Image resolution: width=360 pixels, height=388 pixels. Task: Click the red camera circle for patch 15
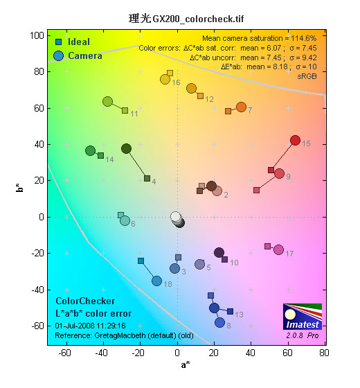[x=295, y=140]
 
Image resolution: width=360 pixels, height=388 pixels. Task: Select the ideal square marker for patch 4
[x=147, y=178]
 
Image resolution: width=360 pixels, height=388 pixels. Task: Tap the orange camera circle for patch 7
[x=242, y=107]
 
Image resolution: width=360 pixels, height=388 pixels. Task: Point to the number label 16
[x=176, y=82]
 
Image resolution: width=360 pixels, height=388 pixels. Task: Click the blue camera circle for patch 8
[x=219, y=322]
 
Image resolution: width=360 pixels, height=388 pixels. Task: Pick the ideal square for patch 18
[x=141, y=261]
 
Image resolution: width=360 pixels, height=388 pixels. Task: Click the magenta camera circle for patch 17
[x=278, y=249]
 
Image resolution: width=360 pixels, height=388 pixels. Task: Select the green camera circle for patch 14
[x=90, y=150]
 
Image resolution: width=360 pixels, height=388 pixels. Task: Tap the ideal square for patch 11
[x=125, y=110]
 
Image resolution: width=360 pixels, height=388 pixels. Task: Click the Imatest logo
[x=303, y=317]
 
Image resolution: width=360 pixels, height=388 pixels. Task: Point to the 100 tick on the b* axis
[x=37, y=35]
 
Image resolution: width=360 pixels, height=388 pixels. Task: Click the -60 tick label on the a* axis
[x=64, y=353]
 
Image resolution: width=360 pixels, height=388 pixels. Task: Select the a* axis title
[x=186, y=364]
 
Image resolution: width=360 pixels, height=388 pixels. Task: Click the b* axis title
[x=20, y=188]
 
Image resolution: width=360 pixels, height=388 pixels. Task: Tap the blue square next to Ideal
[x=59, y=42]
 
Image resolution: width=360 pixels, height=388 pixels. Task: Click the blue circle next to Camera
[x=58, y=56]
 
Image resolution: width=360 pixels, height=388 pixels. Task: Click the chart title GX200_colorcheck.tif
[x=198, y=19]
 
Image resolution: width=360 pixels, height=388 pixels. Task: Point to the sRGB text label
[x=307, y=76]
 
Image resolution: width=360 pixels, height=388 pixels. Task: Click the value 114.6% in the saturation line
[x=304, y=38]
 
